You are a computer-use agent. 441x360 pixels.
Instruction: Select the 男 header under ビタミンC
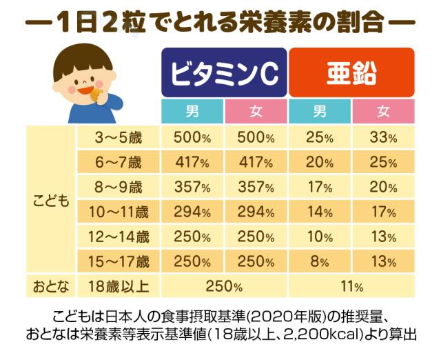point(192,111)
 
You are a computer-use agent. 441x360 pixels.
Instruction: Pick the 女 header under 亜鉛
point(383,111)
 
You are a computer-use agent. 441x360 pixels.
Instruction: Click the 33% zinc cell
point(383,137)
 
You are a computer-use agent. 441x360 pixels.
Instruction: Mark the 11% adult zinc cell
point(351,286)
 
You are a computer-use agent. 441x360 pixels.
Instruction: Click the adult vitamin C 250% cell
point(224,286)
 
